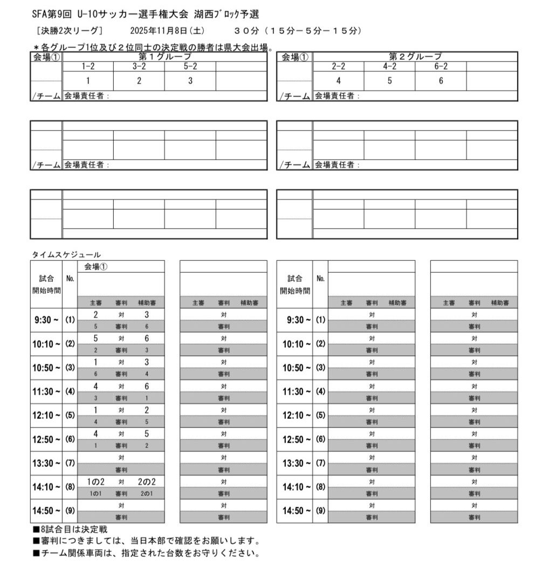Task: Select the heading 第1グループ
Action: (x=165, y=57)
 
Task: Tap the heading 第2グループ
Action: (x=415, y=57)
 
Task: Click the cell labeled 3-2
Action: (x=139, y=66)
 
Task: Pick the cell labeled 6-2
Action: (x=441, y=66)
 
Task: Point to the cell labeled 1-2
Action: (x=88, y=66)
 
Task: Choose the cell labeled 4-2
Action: (x=389, y=66)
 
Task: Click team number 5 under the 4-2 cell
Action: (x=389, y=81)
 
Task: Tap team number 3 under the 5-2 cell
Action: (x=190, y=81)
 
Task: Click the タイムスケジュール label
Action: (x=66, y=254)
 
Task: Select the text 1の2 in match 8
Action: (x=95, y=481)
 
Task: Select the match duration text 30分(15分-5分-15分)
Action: (x=298, y=31)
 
